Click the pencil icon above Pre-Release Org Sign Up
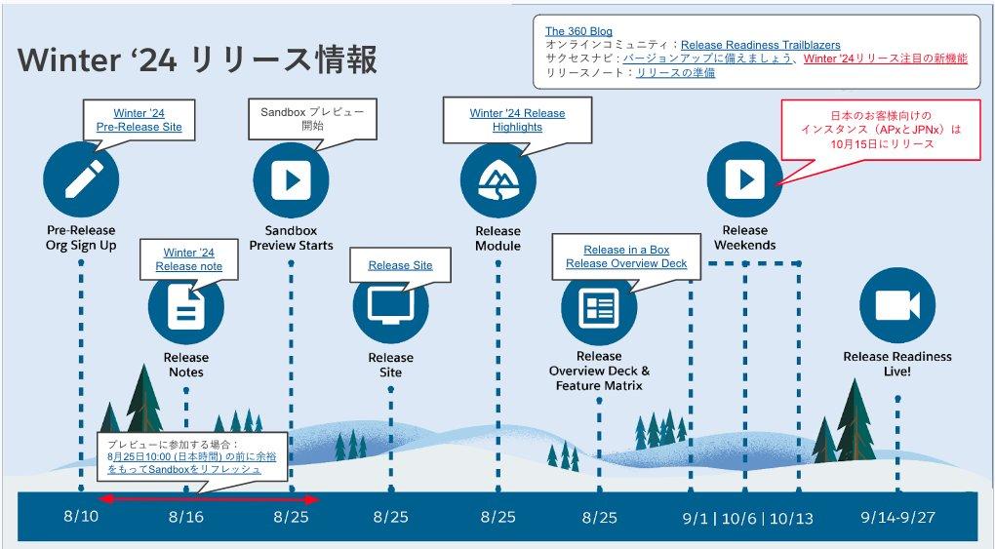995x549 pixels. click(x=81, y=179)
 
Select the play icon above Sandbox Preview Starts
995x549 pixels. click(x=291, y=179)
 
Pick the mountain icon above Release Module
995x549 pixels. click(x=497, y=179)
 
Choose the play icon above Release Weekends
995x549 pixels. click(x=745, y=179)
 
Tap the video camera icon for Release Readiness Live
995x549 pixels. click(x=896, y=306)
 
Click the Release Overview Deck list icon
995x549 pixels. click(x=598, y=307)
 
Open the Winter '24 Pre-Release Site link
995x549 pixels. click(x=139, y=120)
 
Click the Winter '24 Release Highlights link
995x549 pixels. click(x=517, y=120)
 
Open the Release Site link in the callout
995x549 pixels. click(x=400, y=265)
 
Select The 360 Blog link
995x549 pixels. click(x=578, y=31)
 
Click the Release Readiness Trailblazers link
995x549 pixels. click(x=760, y=45)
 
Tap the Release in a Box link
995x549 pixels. click(x=626, y=250)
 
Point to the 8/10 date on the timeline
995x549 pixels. click(x=81, y=517)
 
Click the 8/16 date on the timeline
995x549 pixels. click(x=185, y=517)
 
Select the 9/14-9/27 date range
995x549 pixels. click(x=897, y=517)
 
